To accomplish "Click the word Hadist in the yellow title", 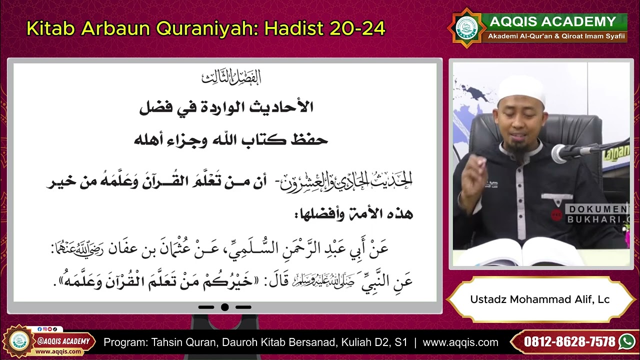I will click(x=294, y=28).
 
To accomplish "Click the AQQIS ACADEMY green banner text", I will click(x=552, y=21).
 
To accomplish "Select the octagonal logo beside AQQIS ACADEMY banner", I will click(x=466, y=28).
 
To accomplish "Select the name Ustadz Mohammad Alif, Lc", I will click(x=539, y=299).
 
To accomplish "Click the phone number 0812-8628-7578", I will click(x=569, y=342).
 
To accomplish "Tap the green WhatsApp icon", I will click(x=626, y=341).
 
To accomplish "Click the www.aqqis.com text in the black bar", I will click(x=460, y=342).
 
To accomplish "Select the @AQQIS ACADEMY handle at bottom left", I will click(x=64, y=341).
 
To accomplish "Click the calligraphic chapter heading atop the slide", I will click(x=231, y=78).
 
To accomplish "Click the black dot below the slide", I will click(x=225, y=307).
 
